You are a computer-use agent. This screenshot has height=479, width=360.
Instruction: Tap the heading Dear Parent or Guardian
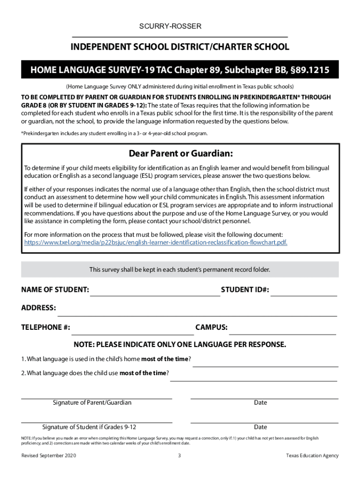pos(180,154)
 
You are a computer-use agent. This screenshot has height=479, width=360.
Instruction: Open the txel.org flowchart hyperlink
pos(156,242)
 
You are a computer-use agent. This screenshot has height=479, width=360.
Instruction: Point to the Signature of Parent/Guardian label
pos(92,403)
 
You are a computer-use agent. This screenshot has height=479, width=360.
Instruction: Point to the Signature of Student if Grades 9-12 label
pos(89,427)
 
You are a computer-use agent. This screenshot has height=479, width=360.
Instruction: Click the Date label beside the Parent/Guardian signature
pos(260,403)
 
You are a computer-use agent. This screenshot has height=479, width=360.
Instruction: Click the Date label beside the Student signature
pos(260,427)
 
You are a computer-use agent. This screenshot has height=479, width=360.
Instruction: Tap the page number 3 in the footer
pos(180,456)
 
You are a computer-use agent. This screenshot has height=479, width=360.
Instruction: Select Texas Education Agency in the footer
pos(312,456)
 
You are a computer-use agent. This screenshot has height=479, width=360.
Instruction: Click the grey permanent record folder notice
pos(180,270)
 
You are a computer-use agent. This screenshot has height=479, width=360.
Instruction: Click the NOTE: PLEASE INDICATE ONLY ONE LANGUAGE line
pos(180,345)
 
